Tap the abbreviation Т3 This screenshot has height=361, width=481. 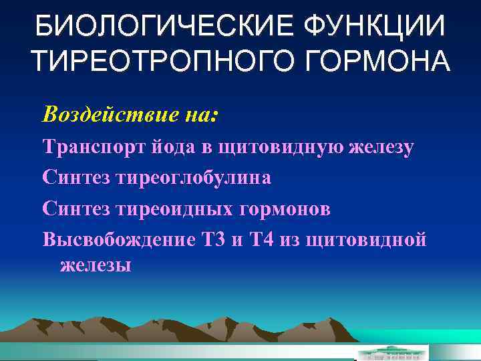click(213, 240)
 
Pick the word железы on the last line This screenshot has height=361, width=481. click(96, 265)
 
